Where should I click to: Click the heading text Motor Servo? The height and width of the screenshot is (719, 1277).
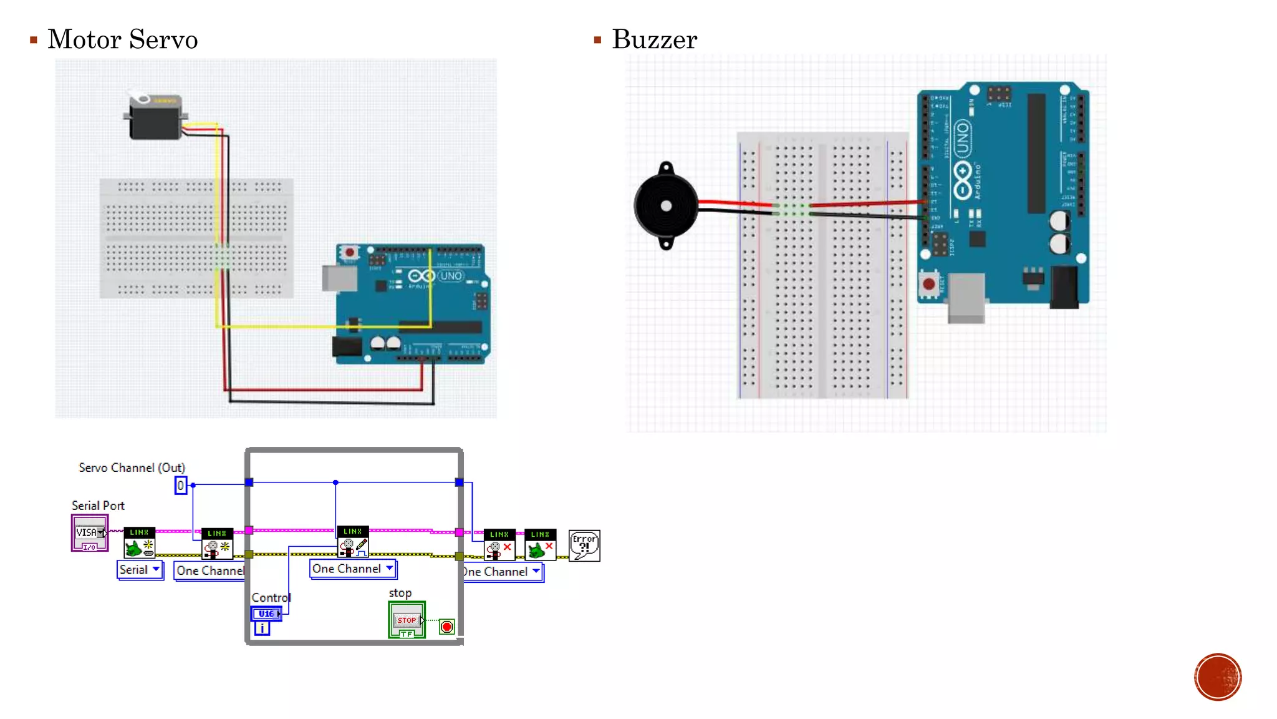click(x=122, y=39)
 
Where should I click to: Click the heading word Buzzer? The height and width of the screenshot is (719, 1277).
click(x=654, y=39)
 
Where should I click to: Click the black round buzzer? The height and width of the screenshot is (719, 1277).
click(x=665, y=206)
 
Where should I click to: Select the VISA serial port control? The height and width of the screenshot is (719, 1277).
click(x=90, y=532)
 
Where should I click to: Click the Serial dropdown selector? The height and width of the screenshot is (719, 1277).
click(x=140, y=569)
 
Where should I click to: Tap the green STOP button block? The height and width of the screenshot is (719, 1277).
click(x=407, y=619)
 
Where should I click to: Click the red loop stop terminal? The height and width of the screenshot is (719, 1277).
click(x=446, y=627)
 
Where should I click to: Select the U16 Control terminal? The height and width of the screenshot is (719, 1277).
click(x=266, y=614)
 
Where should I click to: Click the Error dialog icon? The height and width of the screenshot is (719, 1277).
click(x=584, y=545)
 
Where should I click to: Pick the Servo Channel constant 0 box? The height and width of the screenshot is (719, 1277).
click(x=180, y=485)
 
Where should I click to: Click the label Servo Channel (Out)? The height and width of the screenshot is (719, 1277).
click(x=132, y=467)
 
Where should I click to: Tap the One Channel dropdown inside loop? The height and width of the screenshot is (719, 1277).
click(x=353, y=569)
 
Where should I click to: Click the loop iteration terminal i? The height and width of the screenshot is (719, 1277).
click(x=263, y=629)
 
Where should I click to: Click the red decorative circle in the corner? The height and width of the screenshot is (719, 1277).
click(x=1217, y=677)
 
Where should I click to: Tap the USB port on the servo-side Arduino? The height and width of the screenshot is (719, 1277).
click(x=339, y=278)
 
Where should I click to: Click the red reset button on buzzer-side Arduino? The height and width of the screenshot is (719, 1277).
click(x=928, y=284)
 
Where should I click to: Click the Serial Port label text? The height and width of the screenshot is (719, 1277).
click(x=98, y=506)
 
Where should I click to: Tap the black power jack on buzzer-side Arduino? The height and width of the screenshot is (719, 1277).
click(x=1064, y=287)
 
